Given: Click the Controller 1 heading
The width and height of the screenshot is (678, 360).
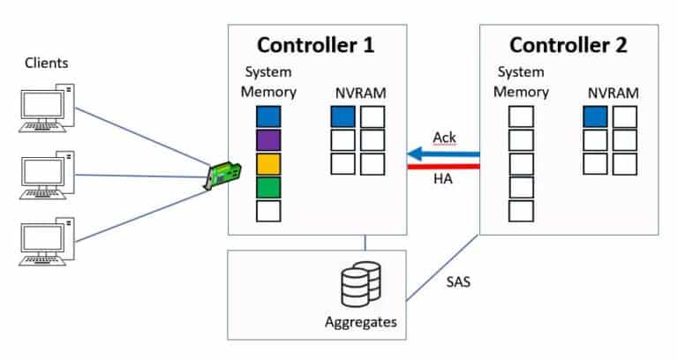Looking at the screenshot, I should tap(317, 45).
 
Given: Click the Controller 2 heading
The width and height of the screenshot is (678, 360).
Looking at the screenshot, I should tap(568, 45).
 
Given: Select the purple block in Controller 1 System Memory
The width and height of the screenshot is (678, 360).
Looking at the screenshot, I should tap(268, 139).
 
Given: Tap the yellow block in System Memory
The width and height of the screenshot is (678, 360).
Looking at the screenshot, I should tap(268, 163).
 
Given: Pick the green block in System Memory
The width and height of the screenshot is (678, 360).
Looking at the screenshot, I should tap(268, 187).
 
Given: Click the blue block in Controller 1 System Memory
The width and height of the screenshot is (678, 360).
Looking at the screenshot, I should tap(268, 116).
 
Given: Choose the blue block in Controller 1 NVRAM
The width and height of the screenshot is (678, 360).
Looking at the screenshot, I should tap(343, 116).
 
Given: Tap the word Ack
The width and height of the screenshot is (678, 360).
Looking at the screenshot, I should tap(444, 138).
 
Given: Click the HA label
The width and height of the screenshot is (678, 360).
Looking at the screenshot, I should tap(443, 180).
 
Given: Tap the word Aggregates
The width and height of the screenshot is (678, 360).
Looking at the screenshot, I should tap(360, 323).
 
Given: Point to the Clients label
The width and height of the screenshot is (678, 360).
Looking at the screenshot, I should tap(47, 64).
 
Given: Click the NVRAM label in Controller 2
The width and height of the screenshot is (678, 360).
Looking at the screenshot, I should tap(611, 93).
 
